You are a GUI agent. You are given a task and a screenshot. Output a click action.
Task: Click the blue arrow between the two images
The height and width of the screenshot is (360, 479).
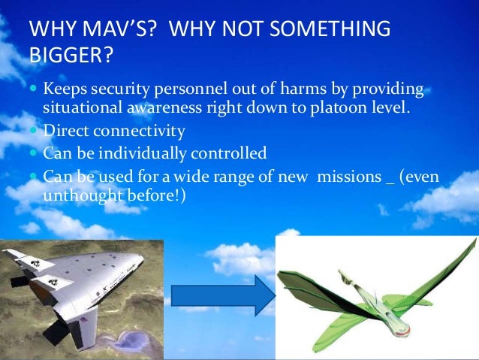coord(222,295)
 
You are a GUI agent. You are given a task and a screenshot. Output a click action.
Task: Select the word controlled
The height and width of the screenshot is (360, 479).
coord(229,154)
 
